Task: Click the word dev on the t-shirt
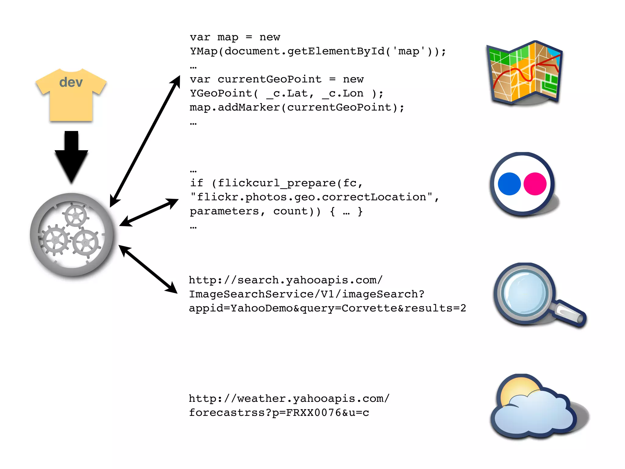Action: [x=71, y=82]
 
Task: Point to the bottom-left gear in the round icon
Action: [x=55, y=240]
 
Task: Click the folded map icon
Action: [x=525, y=73]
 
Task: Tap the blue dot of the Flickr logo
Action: [x=509, y=184]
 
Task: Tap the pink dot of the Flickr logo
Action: [x=535, y=184]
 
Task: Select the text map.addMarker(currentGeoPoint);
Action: [x=297, y=107]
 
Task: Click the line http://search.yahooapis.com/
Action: [x=285, y=280]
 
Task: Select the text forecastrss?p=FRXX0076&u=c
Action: [x=279, y=413]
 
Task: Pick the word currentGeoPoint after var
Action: [x=269, y=79]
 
